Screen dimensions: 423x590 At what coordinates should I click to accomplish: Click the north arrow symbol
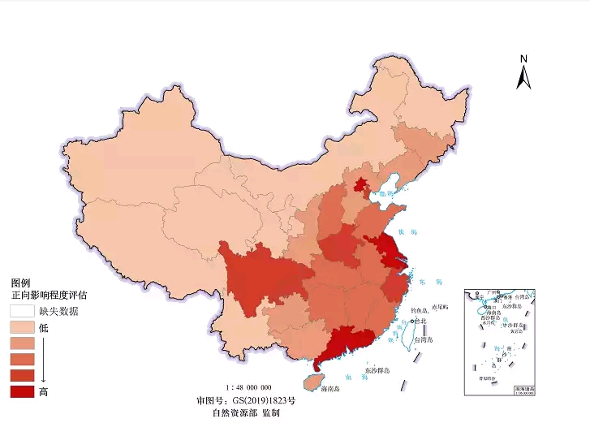[x=524, y=72]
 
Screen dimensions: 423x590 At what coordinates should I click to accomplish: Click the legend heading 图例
[x=20, y=283]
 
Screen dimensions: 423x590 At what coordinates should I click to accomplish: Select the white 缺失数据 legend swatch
[x=22, y=311]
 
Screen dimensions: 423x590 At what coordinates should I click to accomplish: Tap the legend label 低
[x=44, y=328]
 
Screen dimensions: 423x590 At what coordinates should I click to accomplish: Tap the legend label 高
[x=44, y=392]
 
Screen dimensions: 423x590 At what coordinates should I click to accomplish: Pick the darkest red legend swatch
[x=22, y=392]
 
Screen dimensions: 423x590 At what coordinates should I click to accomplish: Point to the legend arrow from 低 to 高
[x=44, y=360]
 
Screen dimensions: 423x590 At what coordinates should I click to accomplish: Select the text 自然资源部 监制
[x=246, y=413]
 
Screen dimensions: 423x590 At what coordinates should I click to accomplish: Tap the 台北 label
[x=419, y=322]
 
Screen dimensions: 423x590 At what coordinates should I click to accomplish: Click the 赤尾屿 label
[x=440, y=308]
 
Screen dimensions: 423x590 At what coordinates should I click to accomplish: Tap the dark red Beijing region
[x=359, y=185]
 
